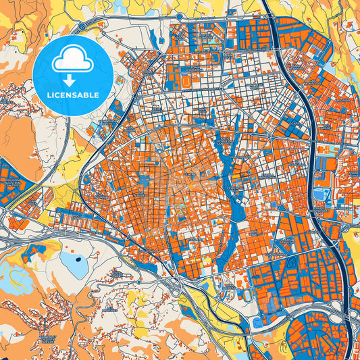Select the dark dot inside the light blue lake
tap(77, 259)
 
